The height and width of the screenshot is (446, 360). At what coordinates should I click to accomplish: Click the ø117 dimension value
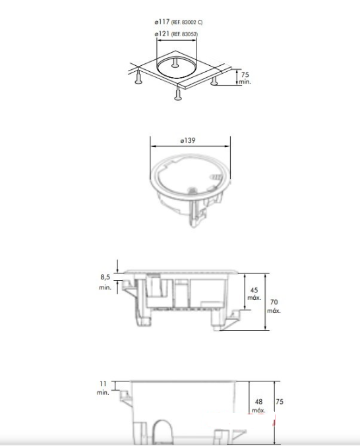162,22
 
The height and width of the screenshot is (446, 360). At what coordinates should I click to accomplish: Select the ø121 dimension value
162,34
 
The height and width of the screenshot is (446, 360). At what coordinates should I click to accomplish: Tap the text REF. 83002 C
187,22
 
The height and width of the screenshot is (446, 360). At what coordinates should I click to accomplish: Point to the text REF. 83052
185,34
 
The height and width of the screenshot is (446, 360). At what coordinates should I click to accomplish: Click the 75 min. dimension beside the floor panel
245,78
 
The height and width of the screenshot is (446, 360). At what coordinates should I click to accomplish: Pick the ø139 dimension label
188,140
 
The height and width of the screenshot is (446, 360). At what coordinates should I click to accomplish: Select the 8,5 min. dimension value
105,282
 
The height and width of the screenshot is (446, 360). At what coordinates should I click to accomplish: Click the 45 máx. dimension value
254,294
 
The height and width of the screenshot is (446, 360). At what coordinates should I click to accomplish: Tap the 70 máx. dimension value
274,306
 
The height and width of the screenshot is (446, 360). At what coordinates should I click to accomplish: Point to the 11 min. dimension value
103,388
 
